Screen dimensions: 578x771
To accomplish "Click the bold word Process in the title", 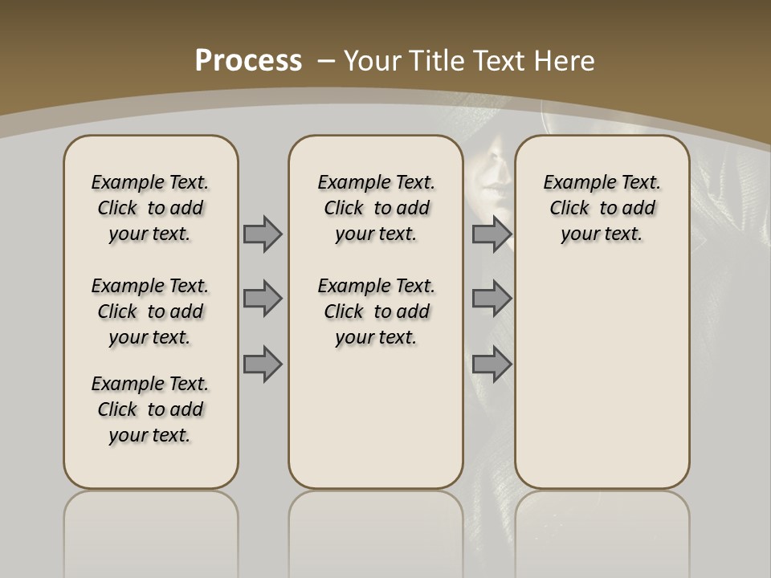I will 248,61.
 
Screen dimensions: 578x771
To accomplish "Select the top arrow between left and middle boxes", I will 263,234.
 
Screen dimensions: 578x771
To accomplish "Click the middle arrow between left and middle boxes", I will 263,299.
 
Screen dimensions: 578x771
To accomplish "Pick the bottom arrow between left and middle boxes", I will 263,364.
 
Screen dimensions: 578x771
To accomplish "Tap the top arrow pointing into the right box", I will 492,234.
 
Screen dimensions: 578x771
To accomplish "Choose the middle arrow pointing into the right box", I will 492,299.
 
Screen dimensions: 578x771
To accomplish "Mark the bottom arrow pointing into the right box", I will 492,364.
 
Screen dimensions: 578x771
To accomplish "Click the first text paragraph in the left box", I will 150,208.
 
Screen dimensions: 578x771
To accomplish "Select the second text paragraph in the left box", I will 150,311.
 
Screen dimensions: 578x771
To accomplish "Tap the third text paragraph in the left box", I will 150,409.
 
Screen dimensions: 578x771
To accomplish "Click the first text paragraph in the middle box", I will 376,208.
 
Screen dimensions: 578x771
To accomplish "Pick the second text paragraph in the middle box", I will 376,311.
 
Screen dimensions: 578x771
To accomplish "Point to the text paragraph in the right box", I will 602,208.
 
